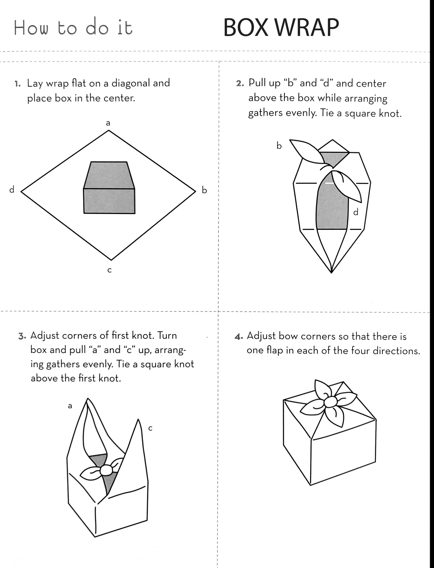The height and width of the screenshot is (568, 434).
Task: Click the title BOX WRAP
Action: click(281, 28)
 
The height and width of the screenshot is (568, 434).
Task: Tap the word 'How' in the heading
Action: click(31, 29)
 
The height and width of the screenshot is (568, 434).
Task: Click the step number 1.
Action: click(18, 83)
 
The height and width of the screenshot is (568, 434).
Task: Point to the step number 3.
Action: click(22, 336)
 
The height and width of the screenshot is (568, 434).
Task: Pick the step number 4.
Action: click(238, 337)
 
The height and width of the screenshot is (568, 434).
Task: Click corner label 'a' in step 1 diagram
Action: click(108, 123)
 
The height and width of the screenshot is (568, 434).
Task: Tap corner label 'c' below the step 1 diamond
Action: click(110, 270)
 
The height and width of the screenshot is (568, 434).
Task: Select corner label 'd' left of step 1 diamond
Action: click(12, 189)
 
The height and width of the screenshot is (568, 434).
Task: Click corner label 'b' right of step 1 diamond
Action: click(204, 190)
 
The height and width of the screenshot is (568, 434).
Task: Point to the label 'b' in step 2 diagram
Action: click(279, 146)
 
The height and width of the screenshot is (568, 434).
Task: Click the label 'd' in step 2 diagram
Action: click(356, 212)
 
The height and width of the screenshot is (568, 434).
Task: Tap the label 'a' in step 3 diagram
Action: click(70, 406)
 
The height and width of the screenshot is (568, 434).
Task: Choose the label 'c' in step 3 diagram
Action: click(150, 428)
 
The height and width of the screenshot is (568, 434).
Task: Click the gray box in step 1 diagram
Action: click(109, 188)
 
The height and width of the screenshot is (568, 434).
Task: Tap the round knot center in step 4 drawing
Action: click(331, 402)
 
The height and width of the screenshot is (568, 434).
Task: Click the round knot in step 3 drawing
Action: click(106, 470)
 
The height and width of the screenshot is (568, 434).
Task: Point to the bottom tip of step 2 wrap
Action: click(331, 273)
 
